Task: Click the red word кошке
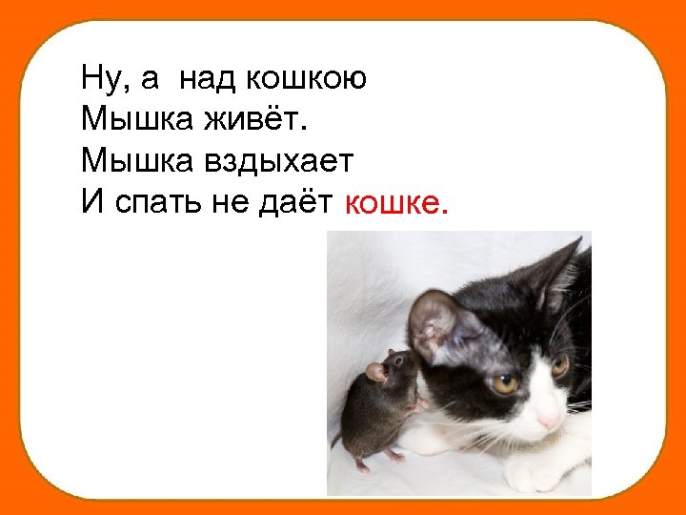(395, 202)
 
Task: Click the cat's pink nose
(550, 419)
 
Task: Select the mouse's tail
(336, 440)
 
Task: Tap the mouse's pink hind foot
(362, 467)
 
